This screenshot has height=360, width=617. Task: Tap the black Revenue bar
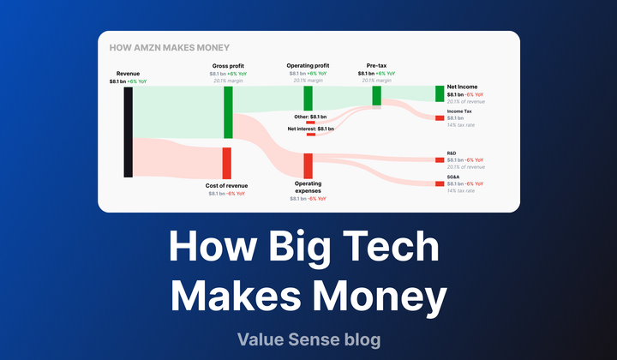(129, 132)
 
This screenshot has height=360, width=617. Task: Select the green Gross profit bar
(227, 112)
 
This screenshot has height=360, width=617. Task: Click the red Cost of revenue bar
(227, 163)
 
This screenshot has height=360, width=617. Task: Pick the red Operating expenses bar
(308, 165)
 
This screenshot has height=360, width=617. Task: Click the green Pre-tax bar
(377, 94)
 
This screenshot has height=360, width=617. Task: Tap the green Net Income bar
(440, 93)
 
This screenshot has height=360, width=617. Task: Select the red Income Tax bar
(440, 117)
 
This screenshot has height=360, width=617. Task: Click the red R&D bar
(440, 159)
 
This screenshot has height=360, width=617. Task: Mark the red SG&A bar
(440, 183)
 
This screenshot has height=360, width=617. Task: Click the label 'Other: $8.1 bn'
(309, 116)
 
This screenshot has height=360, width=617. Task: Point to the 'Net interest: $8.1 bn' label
(310, 129)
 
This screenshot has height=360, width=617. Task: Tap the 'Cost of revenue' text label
(226, 186)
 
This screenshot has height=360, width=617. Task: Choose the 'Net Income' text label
(464, 87)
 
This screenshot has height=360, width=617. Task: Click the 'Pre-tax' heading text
(377, 65)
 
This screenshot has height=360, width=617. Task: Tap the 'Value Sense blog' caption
(308, 340)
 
